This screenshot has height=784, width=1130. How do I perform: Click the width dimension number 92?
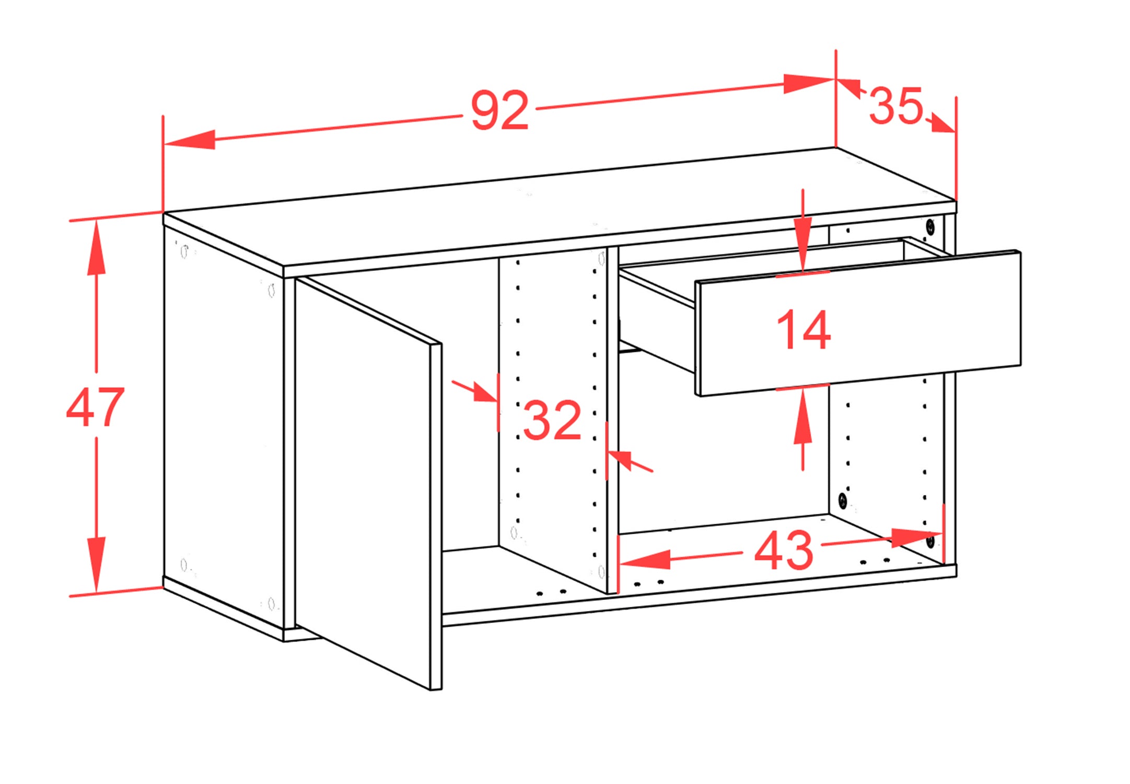[500, 110]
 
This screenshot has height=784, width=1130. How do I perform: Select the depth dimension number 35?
[896, 106]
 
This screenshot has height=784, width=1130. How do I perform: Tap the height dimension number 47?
[95, 407]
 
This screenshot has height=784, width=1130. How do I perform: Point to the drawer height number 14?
[803, 329]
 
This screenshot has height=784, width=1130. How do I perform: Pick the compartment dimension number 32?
[552, 419]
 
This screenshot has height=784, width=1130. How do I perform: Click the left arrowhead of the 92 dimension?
[189, 140]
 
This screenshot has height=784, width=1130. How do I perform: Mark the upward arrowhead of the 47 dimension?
[96, 248]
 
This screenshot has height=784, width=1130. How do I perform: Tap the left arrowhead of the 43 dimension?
[645, 559]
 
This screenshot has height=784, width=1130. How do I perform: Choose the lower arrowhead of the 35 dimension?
[942, 124]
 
